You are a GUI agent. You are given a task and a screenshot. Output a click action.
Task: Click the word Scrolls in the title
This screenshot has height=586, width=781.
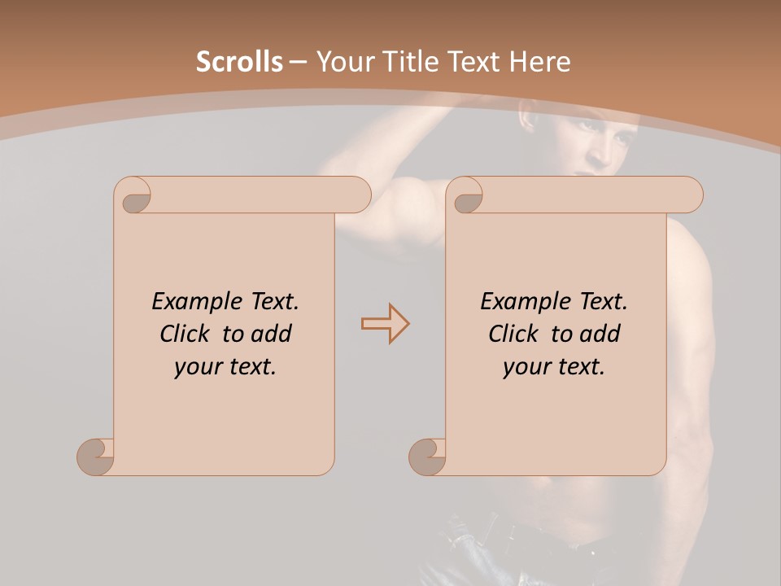click(239, 62)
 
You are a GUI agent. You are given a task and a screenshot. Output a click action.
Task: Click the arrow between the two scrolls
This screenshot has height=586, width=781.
click(386, 324)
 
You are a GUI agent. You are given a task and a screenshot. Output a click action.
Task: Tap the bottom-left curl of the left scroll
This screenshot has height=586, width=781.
click(94, 455)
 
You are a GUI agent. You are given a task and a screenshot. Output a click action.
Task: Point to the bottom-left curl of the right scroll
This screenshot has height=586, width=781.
click(426, 455)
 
